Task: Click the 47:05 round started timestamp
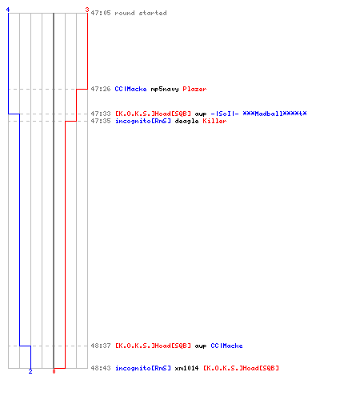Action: (101, 13)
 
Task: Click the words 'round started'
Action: (141, 13)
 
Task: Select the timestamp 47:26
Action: (101, 89)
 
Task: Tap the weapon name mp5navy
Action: (165, 89)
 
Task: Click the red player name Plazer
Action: (194, 89)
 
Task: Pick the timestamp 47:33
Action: (101, 114)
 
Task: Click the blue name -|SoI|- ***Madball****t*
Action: (258, 114)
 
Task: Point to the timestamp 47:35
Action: (101, 121)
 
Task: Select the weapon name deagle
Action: (186, 121)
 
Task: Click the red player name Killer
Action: (214, 121)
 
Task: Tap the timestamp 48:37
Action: (101, 346)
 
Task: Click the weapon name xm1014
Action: (186, 368)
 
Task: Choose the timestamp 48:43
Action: (101, 368)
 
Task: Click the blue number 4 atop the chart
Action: (8, 10)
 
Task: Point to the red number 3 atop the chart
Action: (87, 10)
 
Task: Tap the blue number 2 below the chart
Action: (30, 371)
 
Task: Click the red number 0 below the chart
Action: (54, 371)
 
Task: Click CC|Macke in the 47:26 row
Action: (130, 89)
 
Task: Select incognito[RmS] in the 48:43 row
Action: (142, 368)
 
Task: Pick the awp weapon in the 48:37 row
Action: (201, 346)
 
